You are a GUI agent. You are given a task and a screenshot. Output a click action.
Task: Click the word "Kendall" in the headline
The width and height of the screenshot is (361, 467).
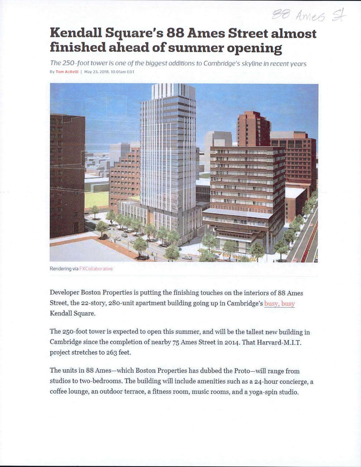pos(76,33)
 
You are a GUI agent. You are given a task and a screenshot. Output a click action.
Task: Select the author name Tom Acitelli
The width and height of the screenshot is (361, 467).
pos(67,72)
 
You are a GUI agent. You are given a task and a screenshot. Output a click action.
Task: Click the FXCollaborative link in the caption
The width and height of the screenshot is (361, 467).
pos(96,269)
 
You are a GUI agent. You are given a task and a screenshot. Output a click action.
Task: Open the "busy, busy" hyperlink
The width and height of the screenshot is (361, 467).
pos(279,303)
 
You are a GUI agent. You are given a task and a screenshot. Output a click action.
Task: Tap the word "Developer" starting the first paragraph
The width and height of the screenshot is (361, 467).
pos(64,293)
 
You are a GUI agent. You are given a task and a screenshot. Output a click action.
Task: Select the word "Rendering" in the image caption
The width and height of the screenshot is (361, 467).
pos(60,269)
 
